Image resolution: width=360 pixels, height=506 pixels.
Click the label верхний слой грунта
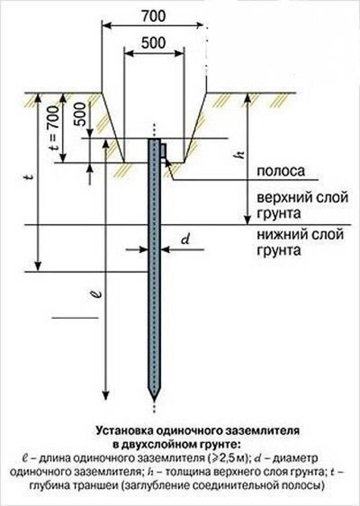(x=301, y=206)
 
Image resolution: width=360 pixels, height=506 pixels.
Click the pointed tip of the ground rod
(x=153, y=396)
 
